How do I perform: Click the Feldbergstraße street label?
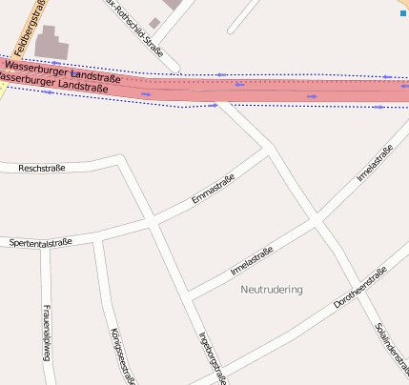(28, 25)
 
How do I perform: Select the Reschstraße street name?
(42, 169)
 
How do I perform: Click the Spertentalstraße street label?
(41, 243)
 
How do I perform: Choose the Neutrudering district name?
(272, 289)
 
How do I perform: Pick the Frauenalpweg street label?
(46, 334)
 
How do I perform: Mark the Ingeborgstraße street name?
(212, 358)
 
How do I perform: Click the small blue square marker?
(402, 13)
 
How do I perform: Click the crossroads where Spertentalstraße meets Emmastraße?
(151, 225)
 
